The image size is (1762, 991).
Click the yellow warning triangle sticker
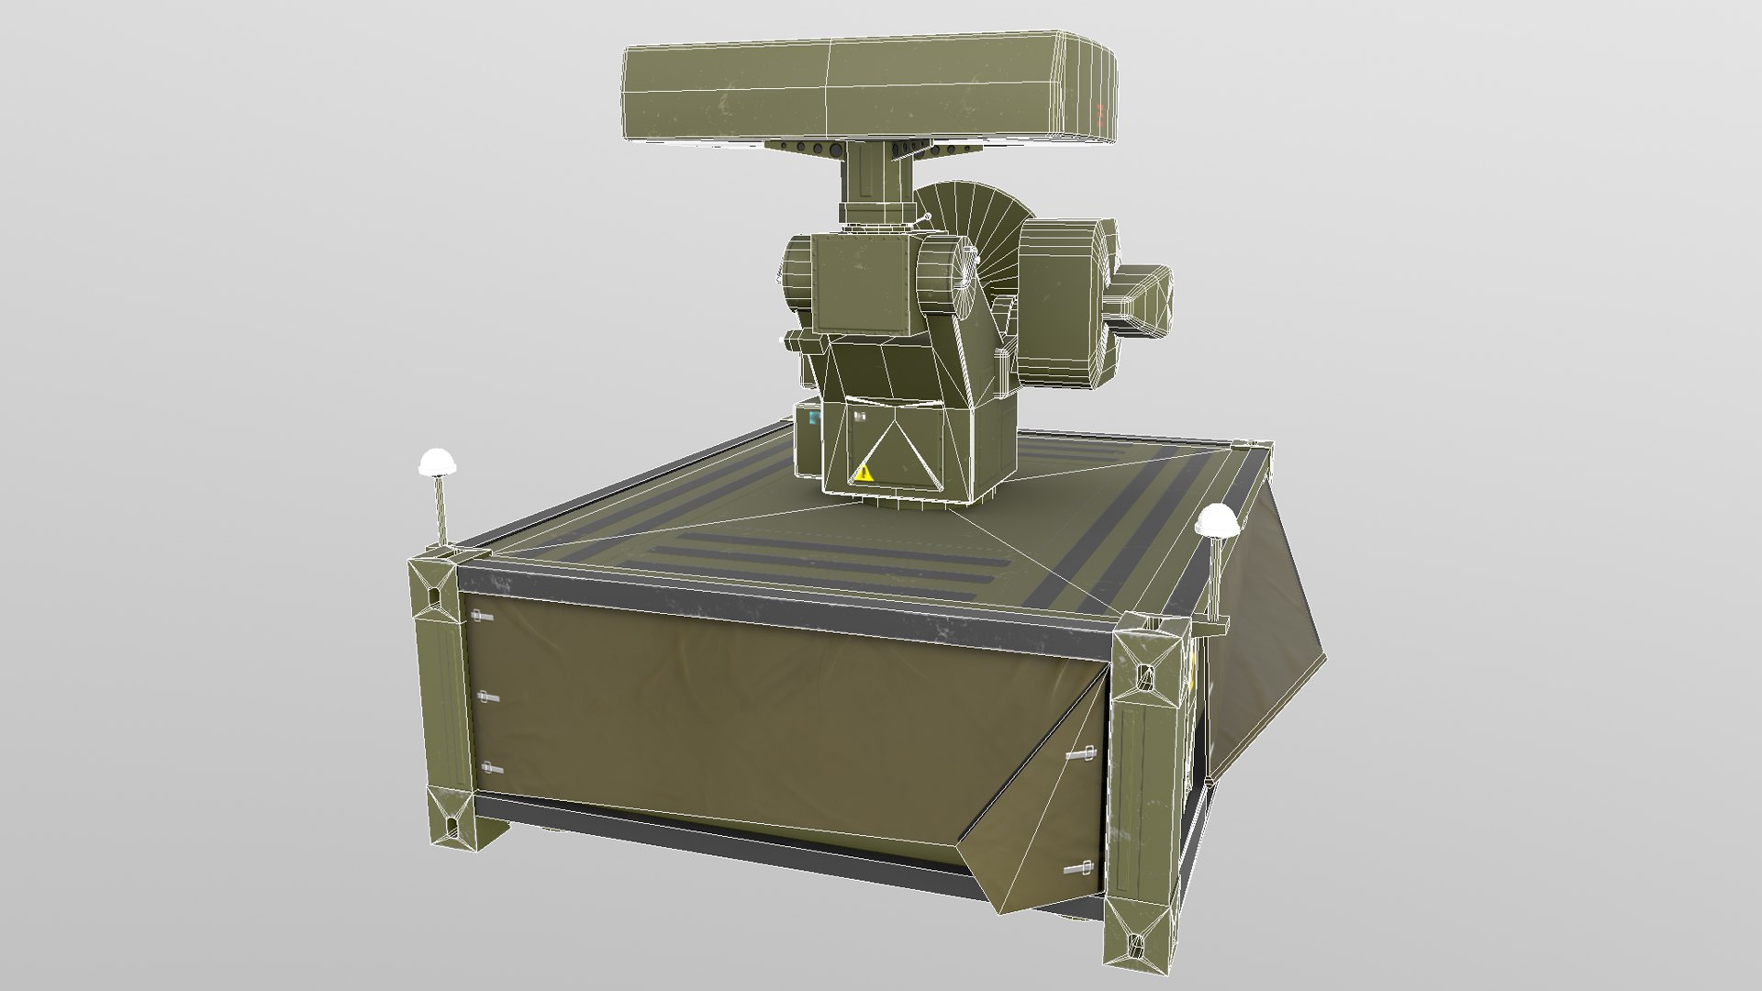(x=864, y=473)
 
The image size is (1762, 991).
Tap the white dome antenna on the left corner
(x=437, y=462)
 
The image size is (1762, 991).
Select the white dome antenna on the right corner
(x=1217, y=520)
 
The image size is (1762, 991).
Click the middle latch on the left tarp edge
(x=486, y=698)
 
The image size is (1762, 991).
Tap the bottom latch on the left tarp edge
(x=490, y=768)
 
